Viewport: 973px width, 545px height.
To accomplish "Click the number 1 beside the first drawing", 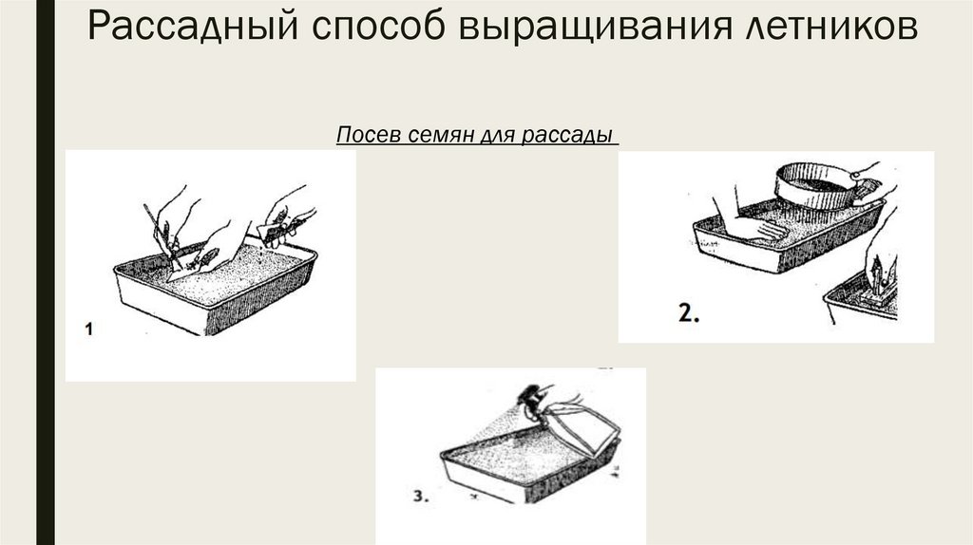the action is (88, 329).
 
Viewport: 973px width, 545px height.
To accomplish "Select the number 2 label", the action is (689, 313).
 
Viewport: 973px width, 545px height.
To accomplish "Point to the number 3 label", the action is (421, 496).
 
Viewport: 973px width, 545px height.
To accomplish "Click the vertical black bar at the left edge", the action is (46, 272).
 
